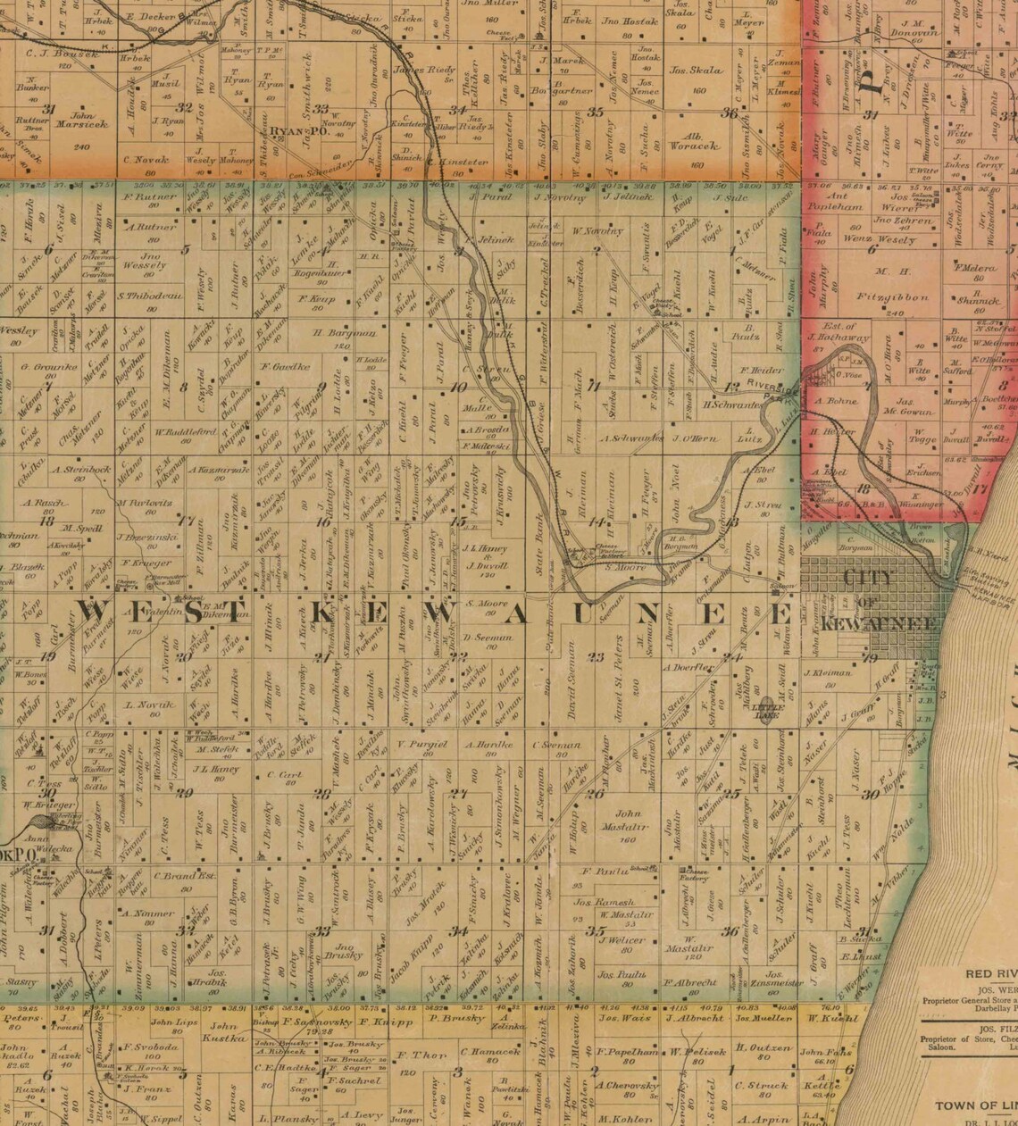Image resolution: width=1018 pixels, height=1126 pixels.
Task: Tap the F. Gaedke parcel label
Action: [x=283, y=366]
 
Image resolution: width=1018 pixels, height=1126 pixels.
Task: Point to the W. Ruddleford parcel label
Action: [x=186, y=431]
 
